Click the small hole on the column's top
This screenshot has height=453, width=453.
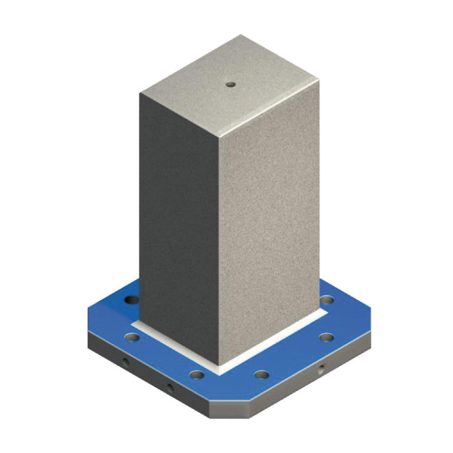pos(230,84)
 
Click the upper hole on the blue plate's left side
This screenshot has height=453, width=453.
pos(131,300)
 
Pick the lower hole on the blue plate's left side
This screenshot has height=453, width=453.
pos(132,337)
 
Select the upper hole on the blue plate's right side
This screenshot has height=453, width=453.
pos(327,300)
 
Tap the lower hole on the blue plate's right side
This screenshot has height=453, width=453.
pos(326,337)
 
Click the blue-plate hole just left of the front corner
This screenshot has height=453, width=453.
pos(196,374)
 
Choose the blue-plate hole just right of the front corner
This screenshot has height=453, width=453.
pos(261,374)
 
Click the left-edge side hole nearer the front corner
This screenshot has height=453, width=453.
pos(169,389)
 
